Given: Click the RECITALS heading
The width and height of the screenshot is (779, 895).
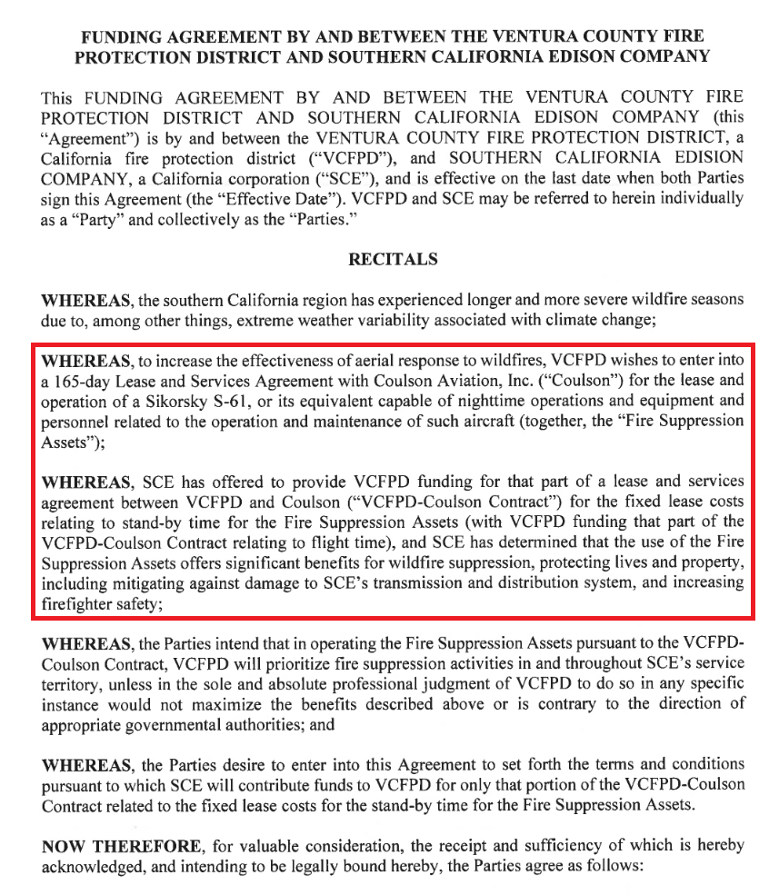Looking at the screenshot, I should tap(393, 259).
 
